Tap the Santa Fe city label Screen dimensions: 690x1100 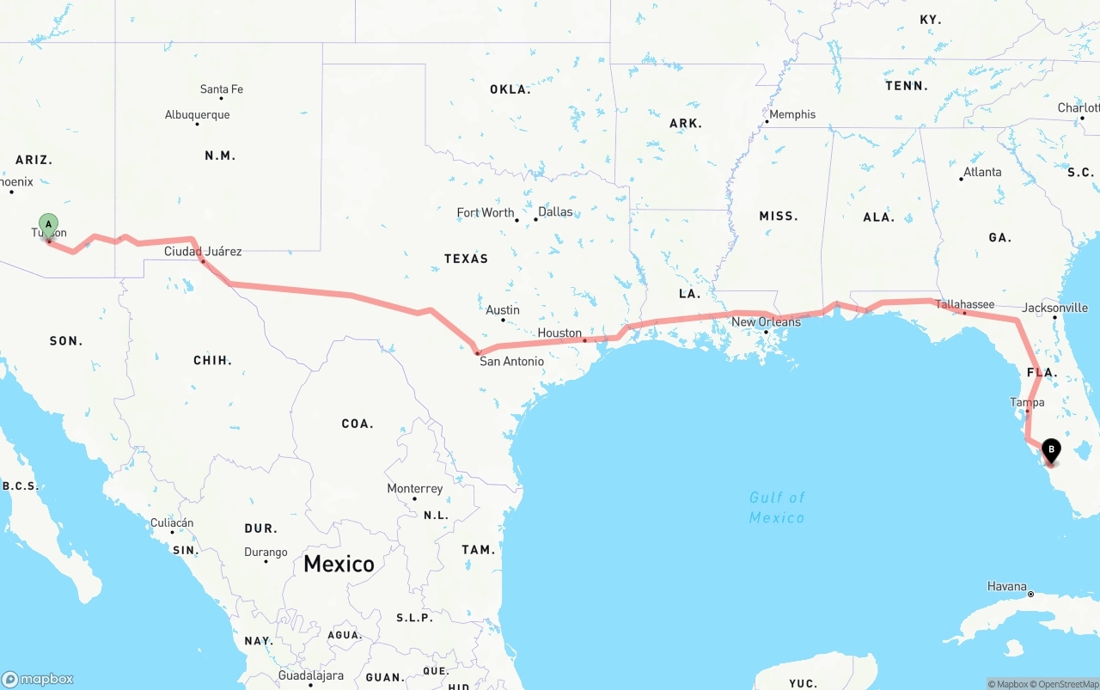(222, 89)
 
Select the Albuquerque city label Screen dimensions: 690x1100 (197, 115)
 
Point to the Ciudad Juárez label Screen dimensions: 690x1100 (203, 252)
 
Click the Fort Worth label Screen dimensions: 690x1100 (486, 213)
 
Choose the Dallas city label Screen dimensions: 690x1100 (555, 211)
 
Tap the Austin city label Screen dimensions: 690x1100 (503, 310)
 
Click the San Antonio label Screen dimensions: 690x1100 (511, 362)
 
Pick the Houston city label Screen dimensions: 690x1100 (559, 333)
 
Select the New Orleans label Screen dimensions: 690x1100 (766, 322)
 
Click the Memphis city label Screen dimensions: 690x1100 (792, 114)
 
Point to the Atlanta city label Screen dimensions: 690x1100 (982, 172)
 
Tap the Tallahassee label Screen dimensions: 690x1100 (964, 304)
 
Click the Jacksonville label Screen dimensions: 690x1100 (1054, 308)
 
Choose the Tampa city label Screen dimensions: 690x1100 (1027, 402)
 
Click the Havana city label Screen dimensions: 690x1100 (1006, 587)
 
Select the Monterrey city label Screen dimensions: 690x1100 (415, 489)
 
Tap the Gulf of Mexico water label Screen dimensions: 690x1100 (777, 507)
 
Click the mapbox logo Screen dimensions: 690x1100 (38, 679)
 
